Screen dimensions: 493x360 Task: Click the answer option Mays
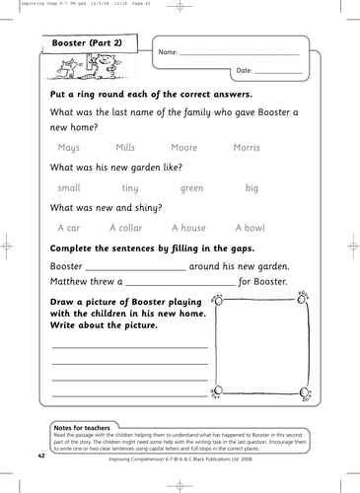click(69, 148)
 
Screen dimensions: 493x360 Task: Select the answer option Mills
click(125, 148)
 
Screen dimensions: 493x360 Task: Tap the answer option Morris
click(246, 148)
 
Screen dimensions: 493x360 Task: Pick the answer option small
click(69, 187)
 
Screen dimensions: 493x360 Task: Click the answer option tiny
click(129, 187)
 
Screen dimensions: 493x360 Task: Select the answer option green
click(191, 187)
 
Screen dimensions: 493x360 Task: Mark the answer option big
click(252, 187)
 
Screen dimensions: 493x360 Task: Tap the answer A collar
click(125, 227)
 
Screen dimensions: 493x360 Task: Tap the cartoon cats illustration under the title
click(81, 70)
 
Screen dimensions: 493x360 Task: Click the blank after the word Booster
click(136, 267)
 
